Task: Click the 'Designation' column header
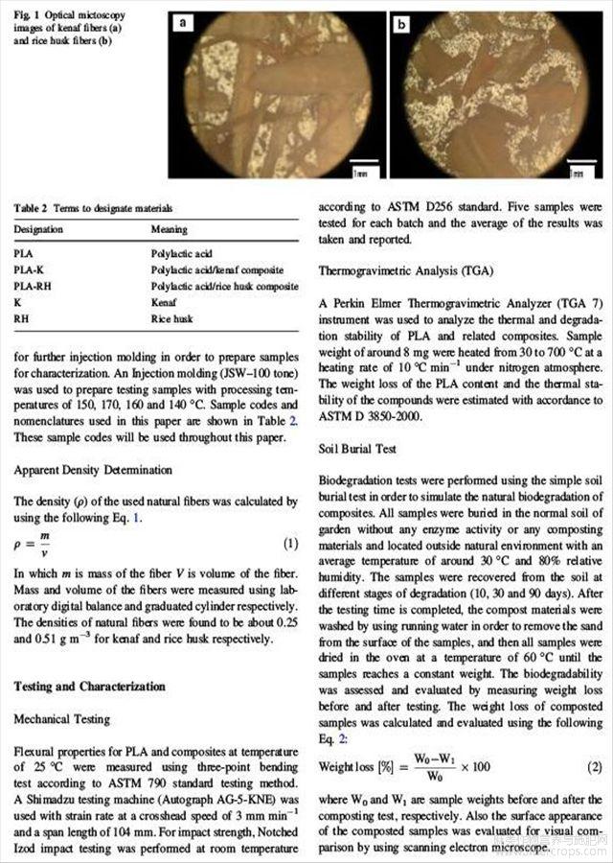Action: (x=39, y=230)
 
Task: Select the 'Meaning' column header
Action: (x=170, y=230)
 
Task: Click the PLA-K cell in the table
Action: (x=30, y=270)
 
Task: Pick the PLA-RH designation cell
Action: (x=33, y=286)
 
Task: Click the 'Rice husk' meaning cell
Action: (x=172, y=317)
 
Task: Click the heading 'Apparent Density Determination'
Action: (x=93, y=470)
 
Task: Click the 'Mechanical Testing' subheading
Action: (x=62, y=718)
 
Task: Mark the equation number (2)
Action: (x=595, y=766)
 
